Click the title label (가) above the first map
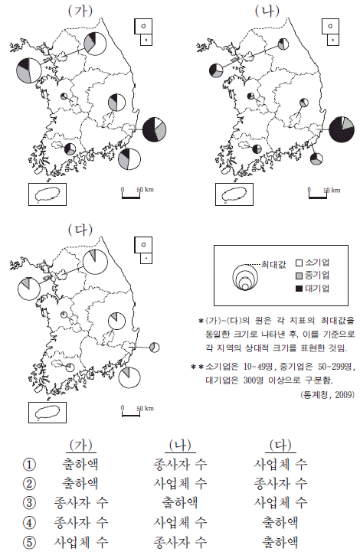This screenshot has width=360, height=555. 80,11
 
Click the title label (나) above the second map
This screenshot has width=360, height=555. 267,11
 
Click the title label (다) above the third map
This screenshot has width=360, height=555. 80,230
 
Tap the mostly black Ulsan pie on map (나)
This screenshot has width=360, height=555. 342,129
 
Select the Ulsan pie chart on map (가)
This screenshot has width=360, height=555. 154,129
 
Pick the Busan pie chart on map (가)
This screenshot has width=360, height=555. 129,159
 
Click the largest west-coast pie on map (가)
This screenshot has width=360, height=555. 28,70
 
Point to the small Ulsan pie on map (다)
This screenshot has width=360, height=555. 154,348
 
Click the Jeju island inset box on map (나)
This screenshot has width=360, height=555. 234,194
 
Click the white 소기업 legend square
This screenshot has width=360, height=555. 299,263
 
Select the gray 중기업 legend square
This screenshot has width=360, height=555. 299,276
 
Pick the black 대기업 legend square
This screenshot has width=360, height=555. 299,289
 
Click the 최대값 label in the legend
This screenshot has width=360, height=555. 273,264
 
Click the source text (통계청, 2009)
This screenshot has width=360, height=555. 327,395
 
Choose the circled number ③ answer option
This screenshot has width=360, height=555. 29,503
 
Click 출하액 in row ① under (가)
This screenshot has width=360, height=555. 80,464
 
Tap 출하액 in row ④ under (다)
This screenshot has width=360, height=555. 280,522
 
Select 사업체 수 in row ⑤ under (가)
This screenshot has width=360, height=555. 80,541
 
